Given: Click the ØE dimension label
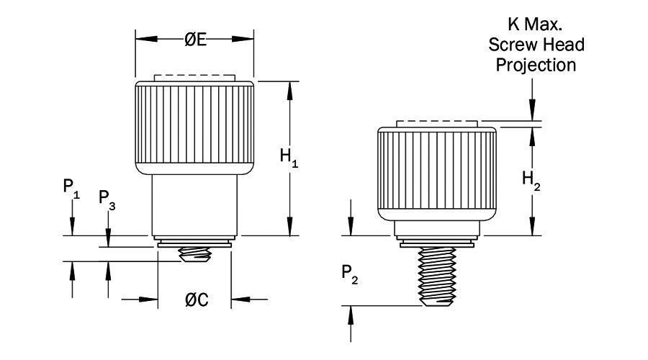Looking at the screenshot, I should pyautogui.click(x=195, y=40).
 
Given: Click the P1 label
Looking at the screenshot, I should pyautogui.click(x=71, y=189).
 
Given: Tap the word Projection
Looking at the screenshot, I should pyautogui.click(x=537, y=65).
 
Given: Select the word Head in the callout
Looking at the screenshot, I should pyautogui.click(x=564, y=45).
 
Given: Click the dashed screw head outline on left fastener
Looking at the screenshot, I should pyautogui.click(x=194, y=77).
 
